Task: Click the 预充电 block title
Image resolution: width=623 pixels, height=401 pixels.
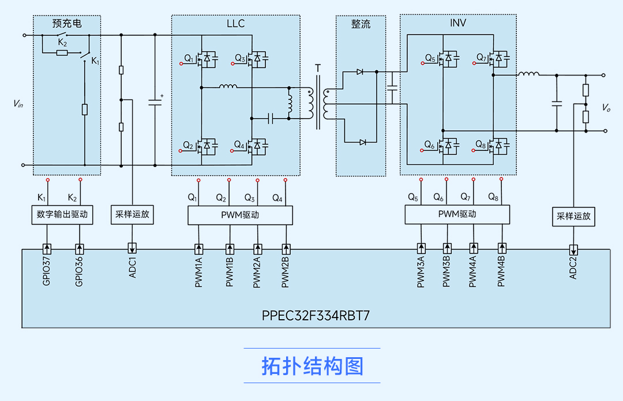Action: click(x=67, y=24)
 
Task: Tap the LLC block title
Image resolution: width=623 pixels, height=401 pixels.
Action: click(x=235, y=24)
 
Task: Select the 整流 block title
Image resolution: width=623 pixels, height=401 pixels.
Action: click(x=361, y=24)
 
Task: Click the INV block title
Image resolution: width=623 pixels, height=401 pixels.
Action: click(x=458, y=23)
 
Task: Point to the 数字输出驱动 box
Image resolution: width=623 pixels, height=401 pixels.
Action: click(x=62, y=214)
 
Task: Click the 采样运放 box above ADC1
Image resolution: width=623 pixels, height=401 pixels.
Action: click(x=132, y=214)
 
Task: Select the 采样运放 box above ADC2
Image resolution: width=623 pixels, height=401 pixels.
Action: click(x=573, y=217)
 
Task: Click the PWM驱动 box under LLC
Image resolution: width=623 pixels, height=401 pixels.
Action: click(x=240, y=215)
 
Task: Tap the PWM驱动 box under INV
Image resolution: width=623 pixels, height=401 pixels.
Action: click(x=457, y=214)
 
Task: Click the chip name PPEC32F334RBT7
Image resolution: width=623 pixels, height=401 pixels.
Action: click(x=316, y=316)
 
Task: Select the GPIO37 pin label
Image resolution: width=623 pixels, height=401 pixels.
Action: click(x=47, y=272)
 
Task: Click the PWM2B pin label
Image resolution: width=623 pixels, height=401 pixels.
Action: click(x=286, y=273)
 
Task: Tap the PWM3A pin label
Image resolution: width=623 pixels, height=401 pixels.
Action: click(x=421, y=273)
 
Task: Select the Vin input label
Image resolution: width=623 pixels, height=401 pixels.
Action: click(x=18, y=103)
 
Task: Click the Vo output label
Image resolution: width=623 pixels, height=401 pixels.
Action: click(x=606, y=108)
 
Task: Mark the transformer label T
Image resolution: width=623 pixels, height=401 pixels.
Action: click(x=318, y=69)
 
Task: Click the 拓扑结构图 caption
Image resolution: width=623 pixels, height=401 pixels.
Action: click(x=312, y=366)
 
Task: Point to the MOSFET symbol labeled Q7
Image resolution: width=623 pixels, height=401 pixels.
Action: click(x=497, y=58)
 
